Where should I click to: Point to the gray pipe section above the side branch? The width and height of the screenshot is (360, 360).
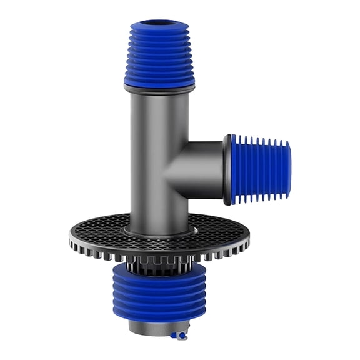pyautogui.click(x=159, y=119)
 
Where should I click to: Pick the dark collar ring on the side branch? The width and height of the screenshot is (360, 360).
pyautogui.click(x=227, y=169)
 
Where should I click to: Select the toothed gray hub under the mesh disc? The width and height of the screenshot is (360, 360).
pyautogui.click(x=159, y=265)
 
